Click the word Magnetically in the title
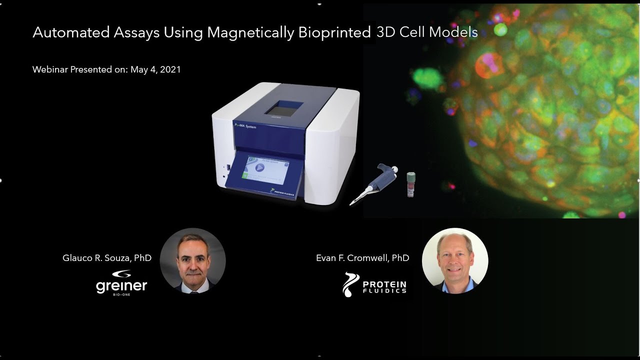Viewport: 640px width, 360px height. [x=250, y=32]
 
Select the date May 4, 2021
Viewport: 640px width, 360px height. [x=155, y=69]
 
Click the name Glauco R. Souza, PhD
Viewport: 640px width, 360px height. [x=107, y=258]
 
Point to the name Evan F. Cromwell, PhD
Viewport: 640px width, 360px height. [x=362, y=258]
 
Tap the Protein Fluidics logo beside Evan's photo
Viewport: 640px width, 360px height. [x=374, y=284]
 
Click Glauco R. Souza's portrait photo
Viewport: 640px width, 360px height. [x=192, y=261]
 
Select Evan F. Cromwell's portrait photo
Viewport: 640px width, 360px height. [x=455, y=261]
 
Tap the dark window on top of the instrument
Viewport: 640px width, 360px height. [x=284, y=108]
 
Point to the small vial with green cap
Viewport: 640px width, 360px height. [x=410, y=184]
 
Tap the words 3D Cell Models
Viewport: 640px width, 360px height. [x=427, y=32]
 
